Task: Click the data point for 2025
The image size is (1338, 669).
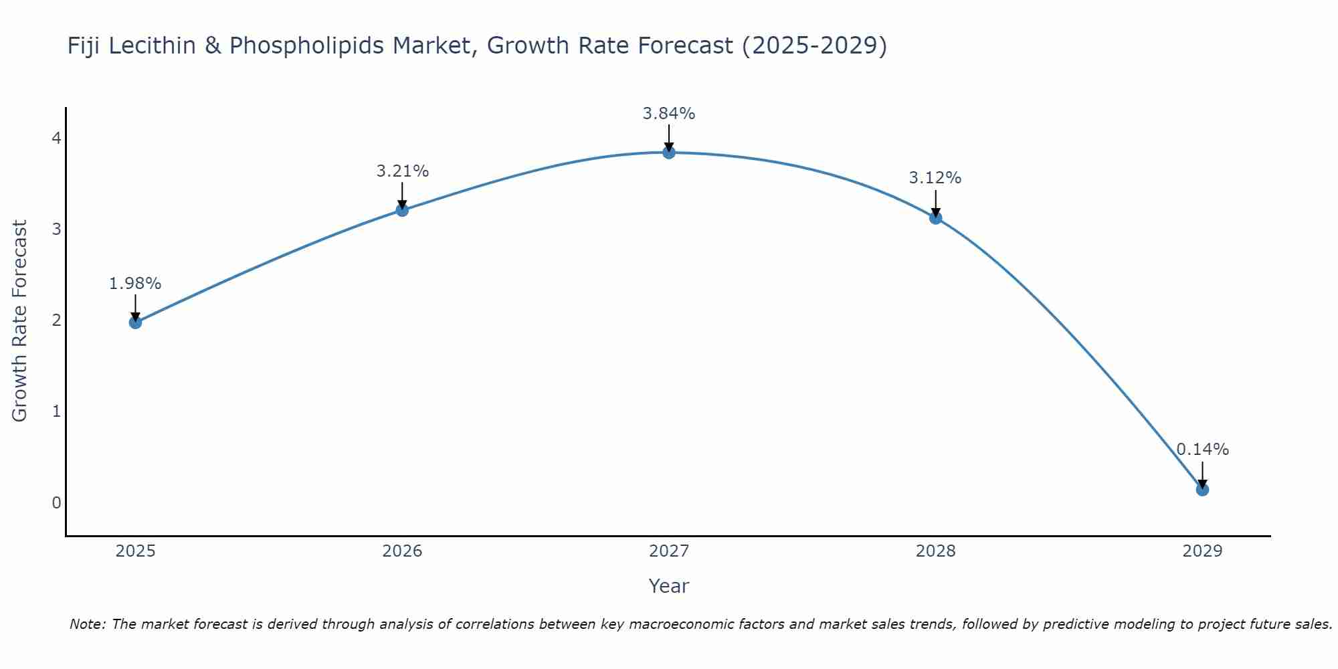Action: coord(135,322)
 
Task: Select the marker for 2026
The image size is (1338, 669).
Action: coord(402,210)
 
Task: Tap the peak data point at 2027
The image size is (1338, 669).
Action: coord(669,153)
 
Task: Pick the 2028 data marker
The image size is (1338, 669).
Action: coord(935,218)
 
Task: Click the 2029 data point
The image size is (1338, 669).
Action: coord(1202,490)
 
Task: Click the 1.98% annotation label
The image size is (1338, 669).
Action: coord(135,284)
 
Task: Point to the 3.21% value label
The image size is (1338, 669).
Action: coord(402,171)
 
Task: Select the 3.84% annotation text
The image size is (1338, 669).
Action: coord(669,114)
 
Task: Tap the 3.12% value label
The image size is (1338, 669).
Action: coord(935,178)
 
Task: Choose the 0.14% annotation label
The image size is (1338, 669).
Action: coord(1202,450)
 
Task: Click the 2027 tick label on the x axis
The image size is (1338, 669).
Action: coord(669,551)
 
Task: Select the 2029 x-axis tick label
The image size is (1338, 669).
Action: coord(1202,551)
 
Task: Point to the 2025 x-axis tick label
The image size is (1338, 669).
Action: coord(135,551)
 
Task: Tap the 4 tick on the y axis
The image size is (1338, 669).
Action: coord(56,138)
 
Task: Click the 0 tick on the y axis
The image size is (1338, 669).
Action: coord(56,502)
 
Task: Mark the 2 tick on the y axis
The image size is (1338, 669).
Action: coord(56,320)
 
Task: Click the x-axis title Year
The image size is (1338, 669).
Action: coord(669,586)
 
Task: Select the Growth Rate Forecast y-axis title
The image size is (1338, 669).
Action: coord(20,321)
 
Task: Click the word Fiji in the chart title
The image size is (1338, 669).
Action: coord(84,45)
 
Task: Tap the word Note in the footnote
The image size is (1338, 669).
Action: coord(87,624)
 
